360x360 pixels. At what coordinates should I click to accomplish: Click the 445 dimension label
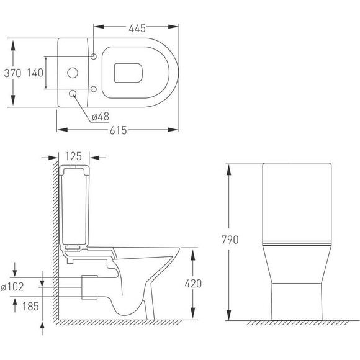[137, 28]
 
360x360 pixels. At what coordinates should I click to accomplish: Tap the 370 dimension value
[12, 73]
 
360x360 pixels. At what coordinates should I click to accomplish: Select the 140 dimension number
[35, 73]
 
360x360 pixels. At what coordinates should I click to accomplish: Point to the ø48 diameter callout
[101, 117]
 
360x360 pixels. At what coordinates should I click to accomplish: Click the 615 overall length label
[118, 130]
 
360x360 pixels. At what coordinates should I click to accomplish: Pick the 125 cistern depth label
[73, 156]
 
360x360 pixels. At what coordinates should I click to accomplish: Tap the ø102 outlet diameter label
[12, 287]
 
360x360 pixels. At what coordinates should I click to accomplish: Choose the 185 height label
[30, 306]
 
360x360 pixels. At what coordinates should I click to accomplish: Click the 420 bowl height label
[193, 284]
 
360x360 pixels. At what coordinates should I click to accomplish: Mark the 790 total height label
[230, 240]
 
